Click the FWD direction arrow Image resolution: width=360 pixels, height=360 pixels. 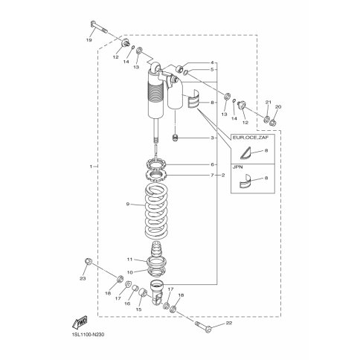click(x=80, y=323)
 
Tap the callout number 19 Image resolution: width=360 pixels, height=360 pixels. click(x=89, y=40)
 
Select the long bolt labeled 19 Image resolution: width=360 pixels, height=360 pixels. click(x=99, y=28)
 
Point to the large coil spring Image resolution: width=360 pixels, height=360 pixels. click(x=156, y=213)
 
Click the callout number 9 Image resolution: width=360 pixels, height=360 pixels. click(x=128, y=204)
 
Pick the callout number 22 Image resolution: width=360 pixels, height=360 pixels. click(x=229, y=324)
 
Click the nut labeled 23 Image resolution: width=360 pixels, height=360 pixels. click(x=89, y=261)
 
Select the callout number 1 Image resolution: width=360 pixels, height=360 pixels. click(x=91, y=167)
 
